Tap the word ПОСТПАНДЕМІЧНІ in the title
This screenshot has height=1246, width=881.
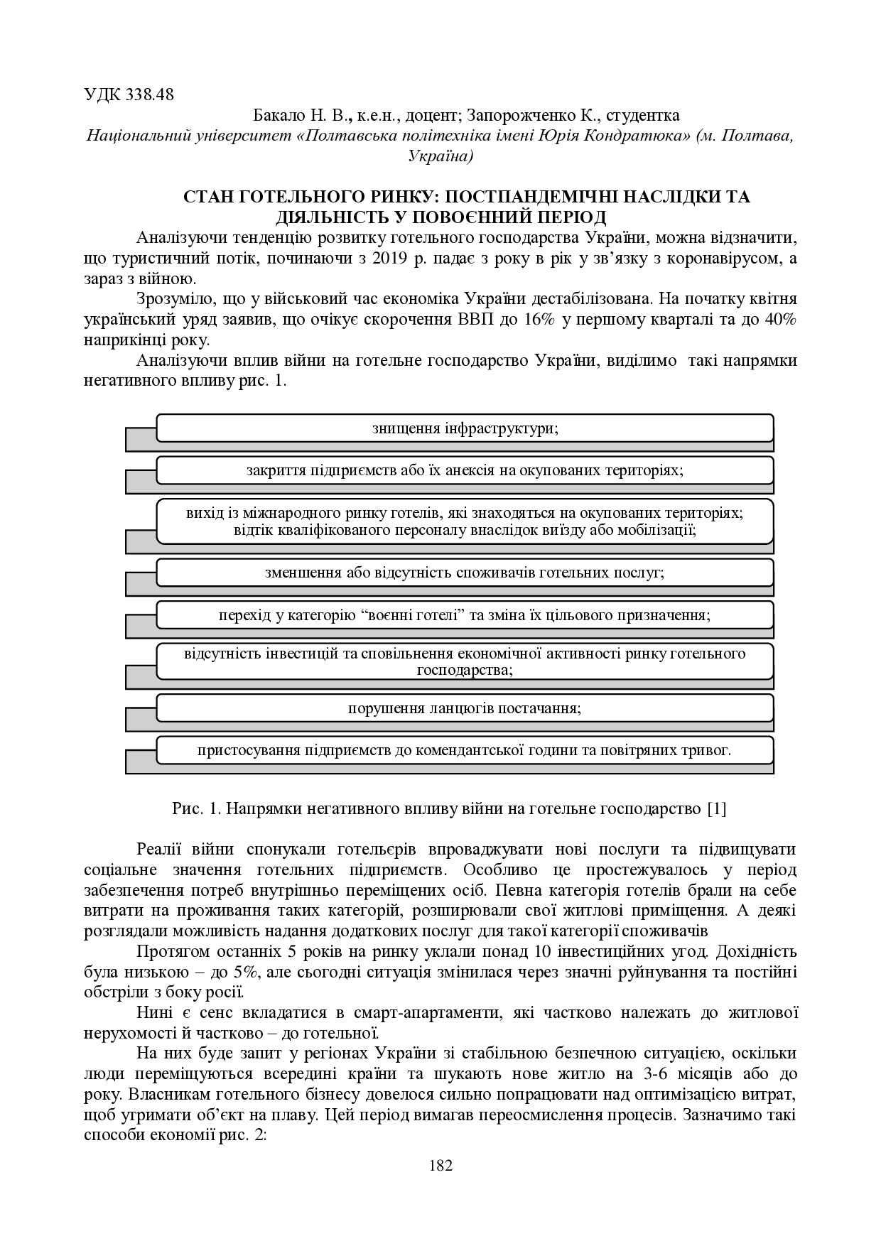532,197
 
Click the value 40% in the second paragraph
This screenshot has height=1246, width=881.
782,320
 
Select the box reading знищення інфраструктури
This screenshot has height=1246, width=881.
465,428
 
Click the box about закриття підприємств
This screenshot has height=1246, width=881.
465,470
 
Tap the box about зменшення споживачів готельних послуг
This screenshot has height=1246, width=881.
465,573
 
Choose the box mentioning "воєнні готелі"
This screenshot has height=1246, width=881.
465,614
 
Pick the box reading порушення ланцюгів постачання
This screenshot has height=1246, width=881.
465,708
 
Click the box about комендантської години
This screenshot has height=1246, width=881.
465,750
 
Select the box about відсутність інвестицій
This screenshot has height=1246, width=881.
465,661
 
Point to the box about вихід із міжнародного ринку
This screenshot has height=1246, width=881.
465,521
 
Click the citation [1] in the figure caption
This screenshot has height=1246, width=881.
717,808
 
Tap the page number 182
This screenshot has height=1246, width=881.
441,1166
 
